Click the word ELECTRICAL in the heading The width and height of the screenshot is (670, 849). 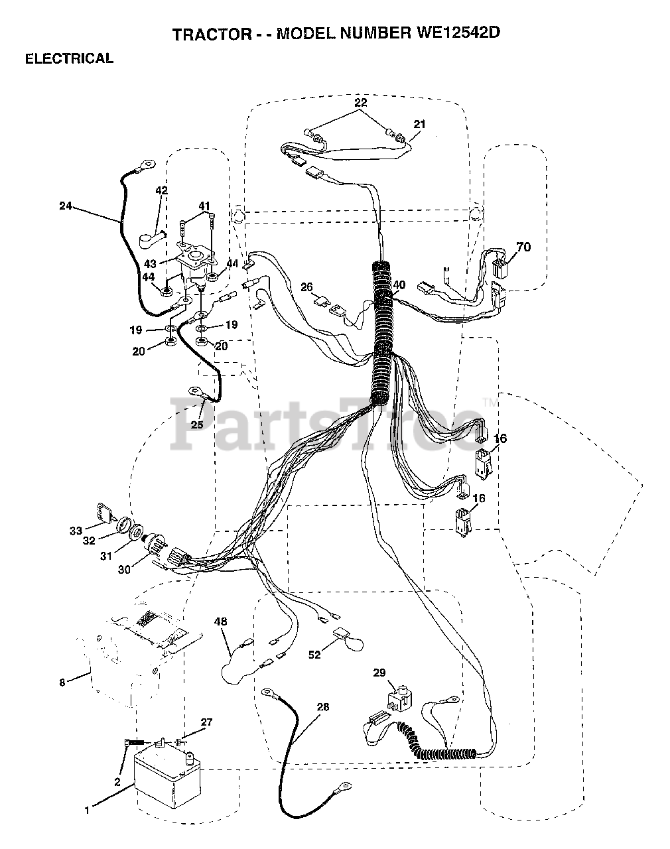69,58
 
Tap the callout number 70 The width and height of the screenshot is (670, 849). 523,247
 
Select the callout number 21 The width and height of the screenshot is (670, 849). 419,124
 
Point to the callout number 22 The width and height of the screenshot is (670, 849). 360,102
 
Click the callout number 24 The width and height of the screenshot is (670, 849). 65,206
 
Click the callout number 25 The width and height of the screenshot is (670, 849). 197,424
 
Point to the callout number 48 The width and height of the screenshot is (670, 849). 220,621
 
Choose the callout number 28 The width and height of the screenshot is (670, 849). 322,707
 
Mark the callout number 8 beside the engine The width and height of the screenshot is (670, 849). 62,682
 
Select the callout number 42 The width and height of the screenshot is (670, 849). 161,190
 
